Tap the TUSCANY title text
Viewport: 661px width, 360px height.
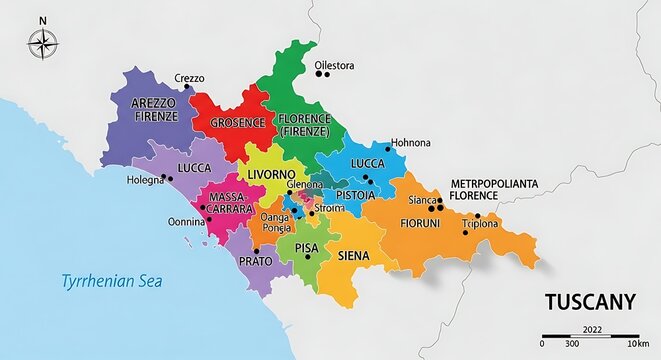pyautogui.click(x=590, y=301)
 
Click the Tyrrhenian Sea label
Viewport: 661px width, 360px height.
pyautogui.click(x=111, y=281)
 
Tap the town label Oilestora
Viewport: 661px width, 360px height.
pyautogui.click(x=335, y=66)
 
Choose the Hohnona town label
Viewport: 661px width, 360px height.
pyautogui.click(x=410, y=143)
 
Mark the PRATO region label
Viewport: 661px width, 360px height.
pyautogui.click(x=255, y=261)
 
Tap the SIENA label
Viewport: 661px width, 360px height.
pyautogui.click(x=354, y=256)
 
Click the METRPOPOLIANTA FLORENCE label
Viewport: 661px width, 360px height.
pyautogui.click(x=495, y=189)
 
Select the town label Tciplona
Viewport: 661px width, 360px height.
pyautogui.click(x=481, y=224)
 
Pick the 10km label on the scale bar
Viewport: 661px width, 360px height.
pyautogui.click(x=637, y=345)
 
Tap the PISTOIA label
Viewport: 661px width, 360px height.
pyautogui.click(x=356, y=195)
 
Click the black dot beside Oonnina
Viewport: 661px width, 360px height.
pyautogui.click(x=208, y=220)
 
